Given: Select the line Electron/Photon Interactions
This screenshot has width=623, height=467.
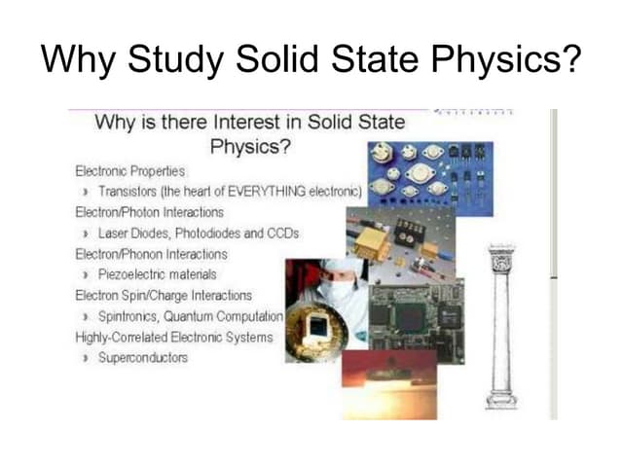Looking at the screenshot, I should [x=149, y=211].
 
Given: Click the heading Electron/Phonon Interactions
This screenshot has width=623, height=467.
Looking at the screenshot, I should [x=150, y=253].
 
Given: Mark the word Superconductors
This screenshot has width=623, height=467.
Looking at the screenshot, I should [x=143, y=358].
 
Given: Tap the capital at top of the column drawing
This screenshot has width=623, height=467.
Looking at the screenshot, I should [x=501, y=258].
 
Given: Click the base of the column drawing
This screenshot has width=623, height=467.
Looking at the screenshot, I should [x=501, y=399].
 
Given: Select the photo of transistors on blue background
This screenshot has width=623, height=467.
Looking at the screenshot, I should [x=429, y=174].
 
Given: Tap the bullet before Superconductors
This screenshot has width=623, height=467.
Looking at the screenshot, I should [x=87, y=358].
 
